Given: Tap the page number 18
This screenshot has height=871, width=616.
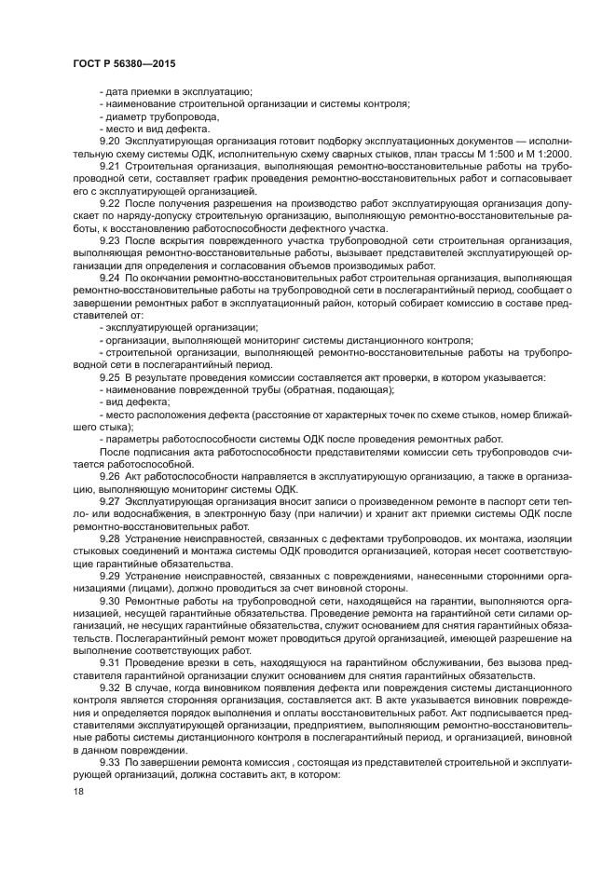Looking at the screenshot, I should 78,790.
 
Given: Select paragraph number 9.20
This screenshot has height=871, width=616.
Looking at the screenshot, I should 110,140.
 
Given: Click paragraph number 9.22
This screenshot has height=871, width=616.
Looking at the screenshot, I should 110,202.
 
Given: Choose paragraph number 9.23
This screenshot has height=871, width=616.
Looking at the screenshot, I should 110,240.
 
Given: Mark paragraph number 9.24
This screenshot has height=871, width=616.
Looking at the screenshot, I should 110,278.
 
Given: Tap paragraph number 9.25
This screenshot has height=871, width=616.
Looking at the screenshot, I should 110,376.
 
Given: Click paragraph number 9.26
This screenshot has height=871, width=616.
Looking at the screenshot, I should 110,475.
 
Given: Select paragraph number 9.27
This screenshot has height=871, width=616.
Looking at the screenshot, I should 110,500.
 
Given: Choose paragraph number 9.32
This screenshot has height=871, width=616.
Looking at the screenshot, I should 110,687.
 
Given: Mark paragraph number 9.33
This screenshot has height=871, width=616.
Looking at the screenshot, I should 110,760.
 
